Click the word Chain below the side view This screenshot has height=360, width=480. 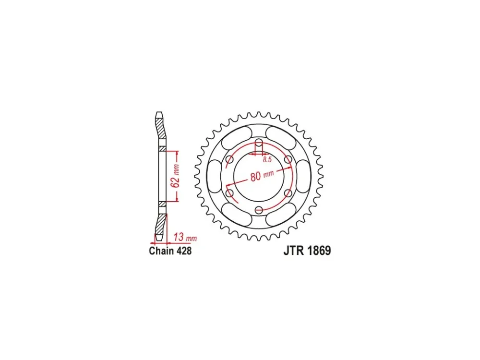point(161,251)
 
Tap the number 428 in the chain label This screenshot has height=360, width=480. point(184,251)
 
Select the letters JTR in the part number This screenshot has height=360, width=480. point(294,251)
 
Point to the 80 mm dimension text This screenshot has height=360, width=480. point(262,176)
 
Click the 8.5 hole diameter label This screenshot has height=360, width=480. point(267,159)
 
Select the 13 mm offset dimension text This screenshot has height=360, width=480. point(185,237)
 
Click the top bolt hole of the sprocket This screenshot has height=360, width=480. point(259,143)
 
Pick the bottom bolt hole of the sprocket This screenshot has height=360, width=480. point(259,210)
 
